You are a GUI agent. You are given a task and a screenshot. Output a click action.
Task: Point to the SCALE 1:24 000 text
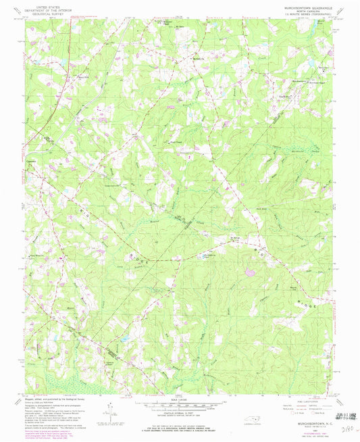(x=180, y=401)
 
